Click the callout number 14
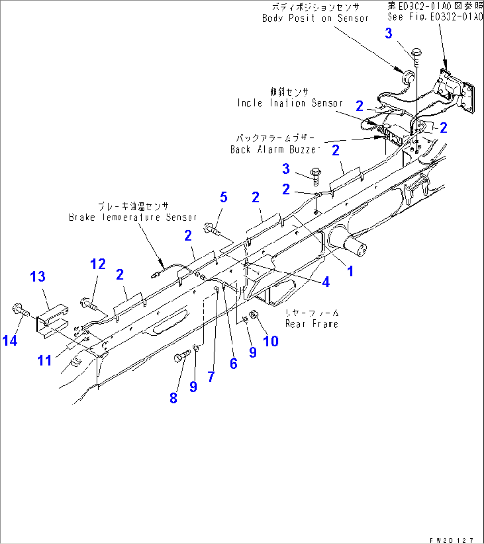click(11, 340)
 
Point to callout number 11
click(44, 360)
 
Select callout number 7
click(211, 377)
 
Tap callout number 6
click(233, 363)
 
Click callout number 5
click(223, 197)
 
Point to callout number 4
click(326, 282)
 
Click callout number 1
click(350, 271)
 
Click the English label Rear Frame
click(312, 324)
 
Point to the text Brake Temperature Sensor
click(133, 217)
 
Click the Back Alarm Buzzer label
click(274, 149)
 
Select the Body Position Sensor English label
click(315, 18)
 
